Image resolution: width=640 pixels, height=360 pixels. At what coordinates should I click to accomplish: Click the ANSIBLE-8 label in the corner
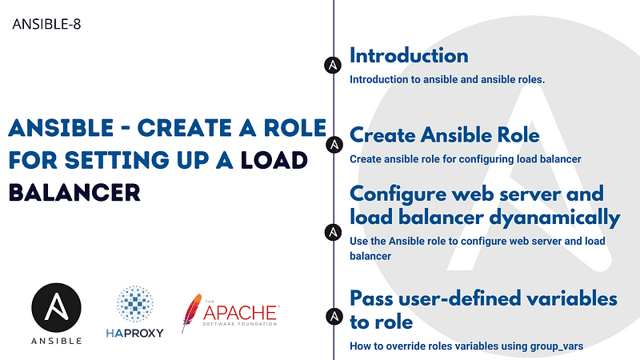pyautogui.click(x=47, y=24)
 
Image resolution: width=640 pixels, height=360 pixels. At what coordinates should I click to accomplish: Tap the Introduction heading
pyautogui.click(x=409, y=56)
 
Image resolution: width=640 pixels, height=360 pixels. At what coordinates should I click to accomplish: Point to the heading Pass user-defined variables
pyautogui.click(x=483, y=298)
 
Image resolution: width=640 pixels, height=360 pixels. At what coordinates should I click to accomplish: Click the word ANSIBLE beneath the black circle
pyautogui.click(x=57, y=341)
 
